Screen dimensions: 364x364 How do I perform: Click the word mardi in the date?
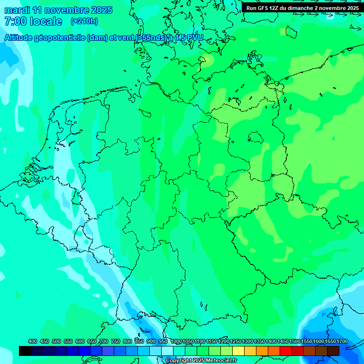(x=17, y=10)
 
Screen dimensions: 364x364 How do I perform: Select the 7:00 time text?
(x=15, y=21)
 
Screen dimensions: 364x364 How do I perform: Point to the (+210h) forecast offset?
(x=84, y=21)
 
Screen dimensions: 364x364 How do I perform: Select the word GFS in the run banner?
(x=263, y=8)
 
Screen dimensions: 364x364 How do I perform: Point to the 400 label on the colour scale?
(x=33, y=341)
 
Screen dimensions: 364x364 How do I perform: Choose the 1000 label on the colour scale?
(x=176, y=341)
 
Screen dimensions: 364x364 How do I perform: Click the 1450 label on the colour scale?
(x=283, y=341)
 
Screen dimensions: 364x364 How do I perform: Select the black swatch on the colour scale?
(x=25, y=351)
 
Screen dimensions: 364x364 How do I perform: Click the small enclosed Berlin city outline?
(x=256, y=137)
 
